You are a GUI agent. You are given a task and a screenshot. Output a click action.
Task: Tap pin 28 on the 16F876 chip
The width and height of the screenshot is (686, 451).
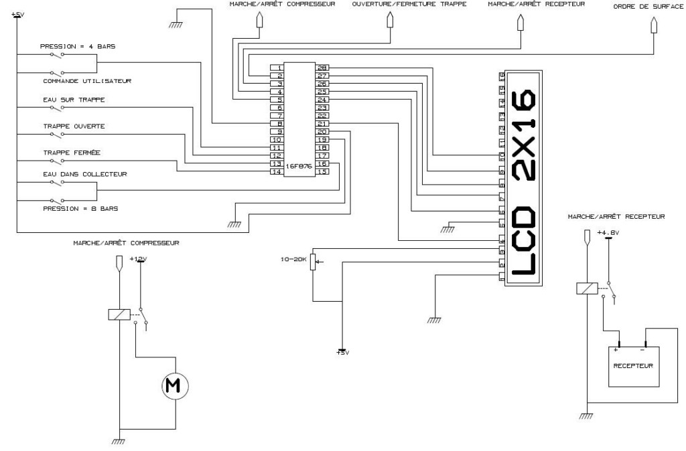322,68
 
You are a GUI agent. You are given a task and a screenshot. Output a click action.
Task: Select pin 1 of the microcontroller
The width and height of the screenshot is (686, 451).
276,68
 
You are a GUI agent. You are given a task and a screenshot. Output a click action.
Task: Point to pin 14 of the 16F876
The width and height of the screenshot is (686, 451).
276,172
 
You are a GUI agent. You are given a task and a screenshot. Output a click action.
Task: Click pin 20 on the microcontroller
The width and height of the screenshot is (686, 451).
322,132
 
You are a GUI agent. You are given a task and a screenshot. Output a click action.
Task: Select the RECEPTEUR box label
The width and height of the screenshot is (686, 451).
633,366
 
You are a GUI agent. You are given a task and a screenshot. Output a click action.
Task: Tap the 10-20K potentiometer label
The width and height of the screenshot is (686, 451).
293,257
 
